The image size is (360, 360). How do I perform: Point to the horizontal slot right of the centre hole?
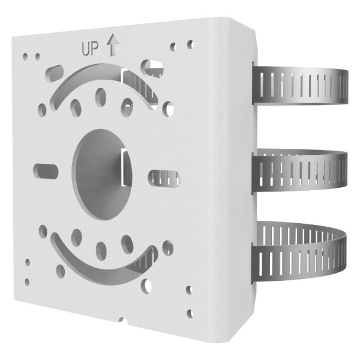click(164, 178)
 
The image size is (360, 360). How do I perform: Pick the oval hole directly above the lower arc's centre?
click(101, 248)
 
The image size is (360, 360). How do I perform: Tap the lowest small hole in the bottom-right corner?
click(190, 313)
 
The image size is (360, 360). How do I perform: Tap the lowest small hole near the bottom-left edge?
click(26, 281)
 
